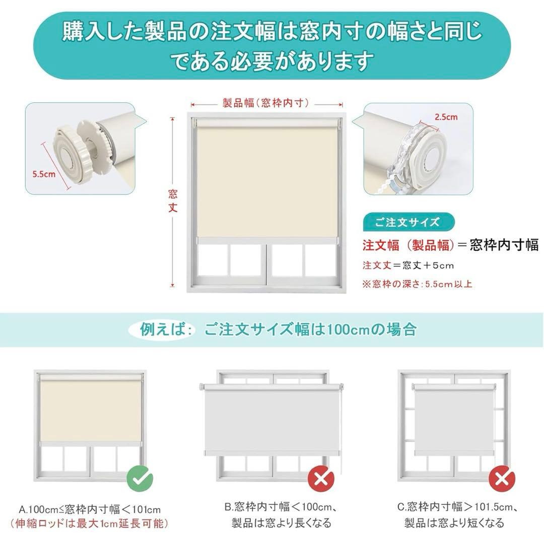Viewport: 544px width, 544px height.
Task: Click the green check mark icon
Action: (139, 477)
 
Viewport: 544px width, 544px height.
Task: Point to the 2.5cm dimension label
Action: (446, 117)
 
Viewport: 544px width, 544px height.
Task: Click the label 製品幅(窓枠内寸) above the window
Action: (265, 103)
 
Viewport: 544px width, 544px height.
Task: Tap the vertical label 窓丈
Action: (173, 201)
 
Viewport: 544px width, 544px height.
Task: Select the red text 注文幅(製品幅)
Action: (409, 245)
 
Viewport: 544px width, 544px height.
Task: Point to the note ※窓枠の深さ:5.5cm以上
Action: (417, 284)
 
